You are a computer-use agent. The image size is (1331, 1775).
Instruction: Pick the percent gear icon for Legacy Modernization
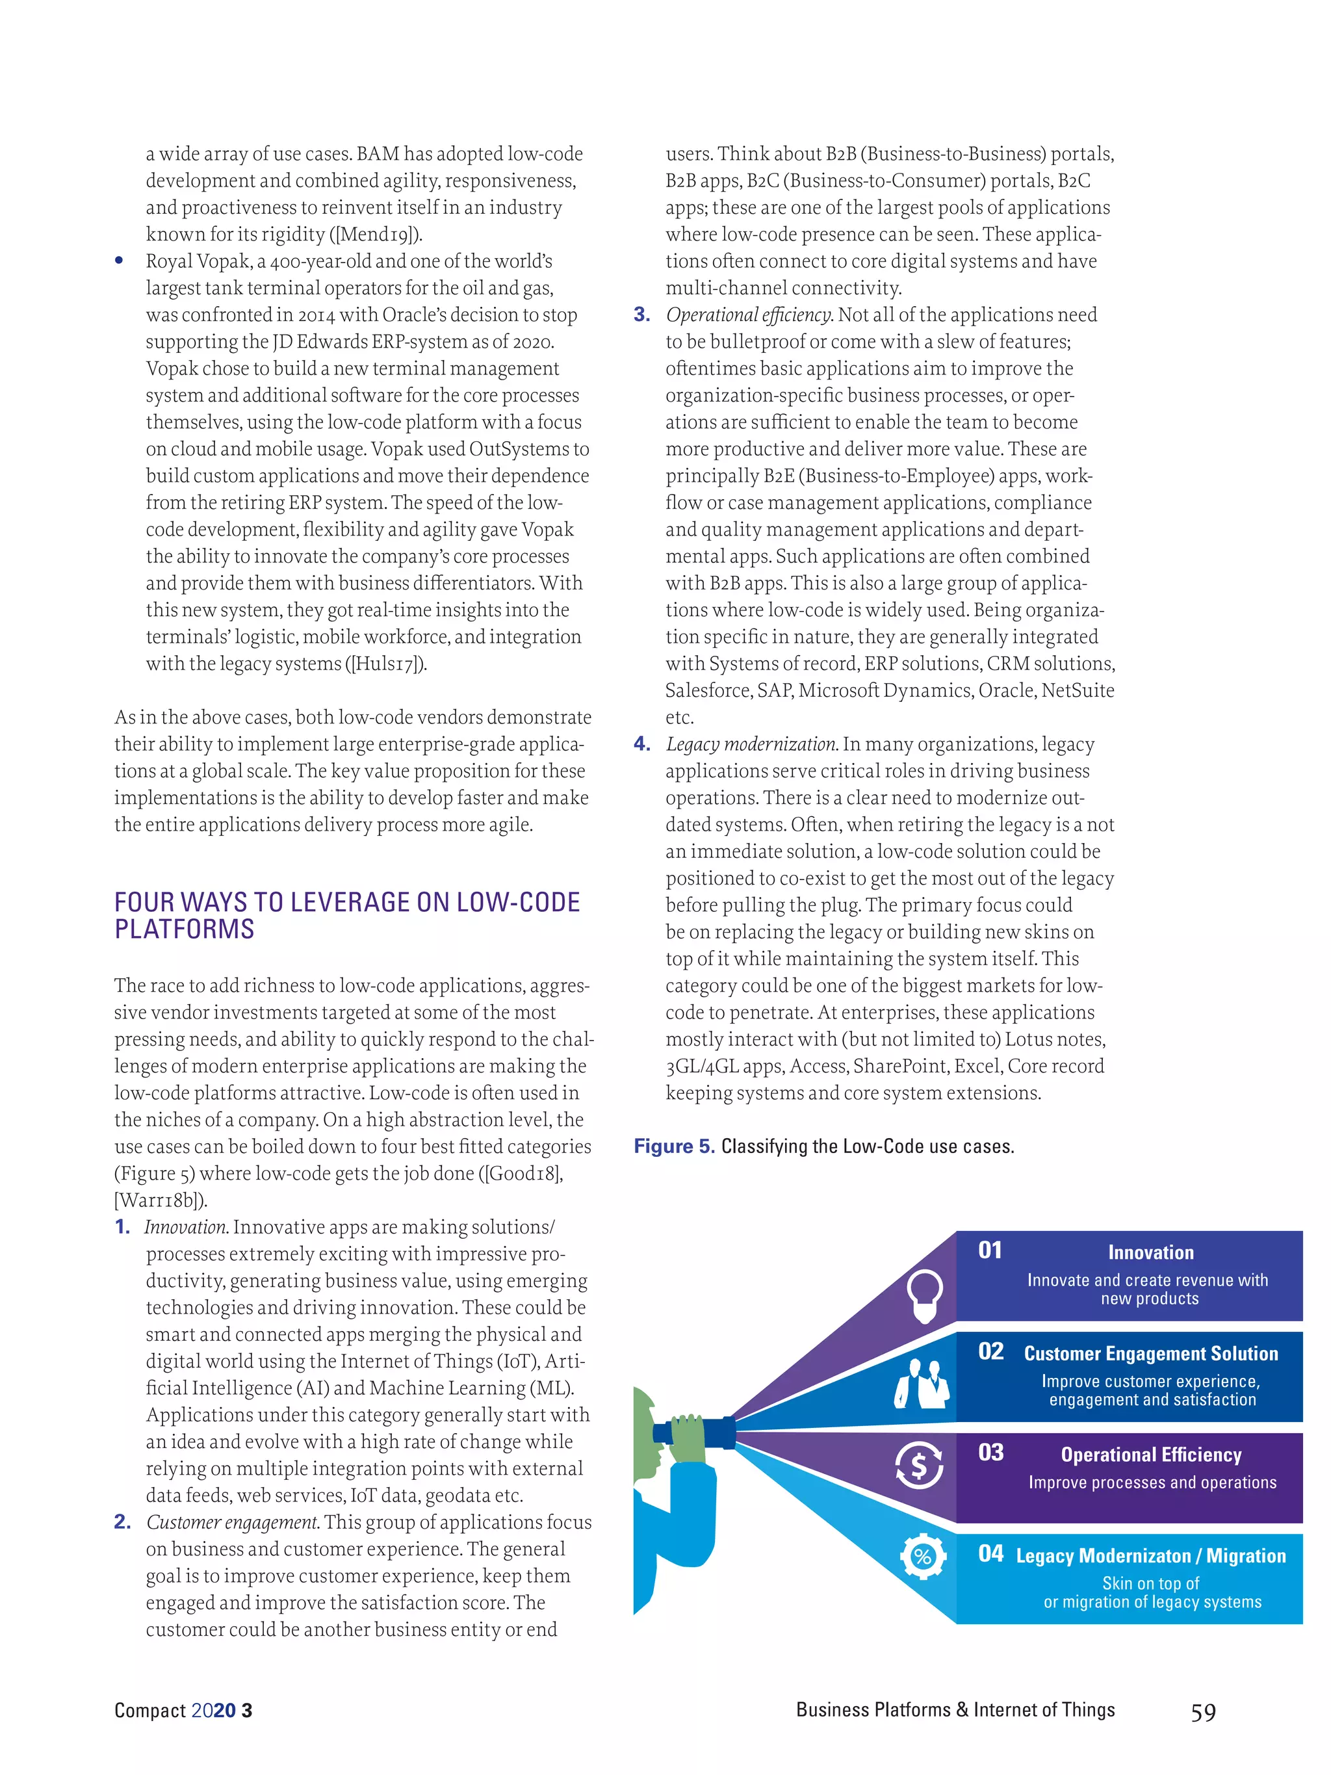point(924,1557)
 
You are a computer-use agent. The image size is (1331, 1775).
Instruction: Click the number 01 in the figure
point(990,1250)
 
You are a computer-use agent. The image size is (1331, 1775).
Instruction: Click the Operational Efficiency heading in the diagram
point(1150,1454)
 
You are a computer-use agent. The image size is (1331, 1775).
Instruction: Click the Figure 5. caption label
point(674,1146)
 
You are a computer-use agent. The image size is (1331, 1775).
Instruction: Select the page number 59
point(1202,1713)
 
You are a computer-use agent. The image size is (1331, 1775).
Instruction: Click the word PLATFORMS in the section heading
point(184,929)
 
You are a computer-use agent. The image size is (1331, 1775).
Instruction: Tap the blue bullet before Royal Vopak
point(119,261)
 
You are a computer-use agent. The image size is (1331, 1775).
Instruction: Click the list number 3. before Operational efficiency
point(642,315)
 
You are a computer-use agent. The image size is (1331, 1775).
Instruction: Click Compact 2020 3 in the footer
point(183,1710)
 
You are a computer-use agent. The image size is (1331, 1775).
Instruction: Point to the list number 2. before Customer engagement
point(122,1522)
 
